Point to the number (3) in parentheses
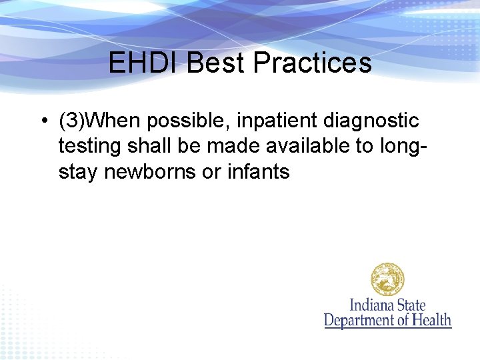[71, 121]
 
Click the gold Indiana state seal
[388, 279]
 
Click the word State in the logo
[411, 306]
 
